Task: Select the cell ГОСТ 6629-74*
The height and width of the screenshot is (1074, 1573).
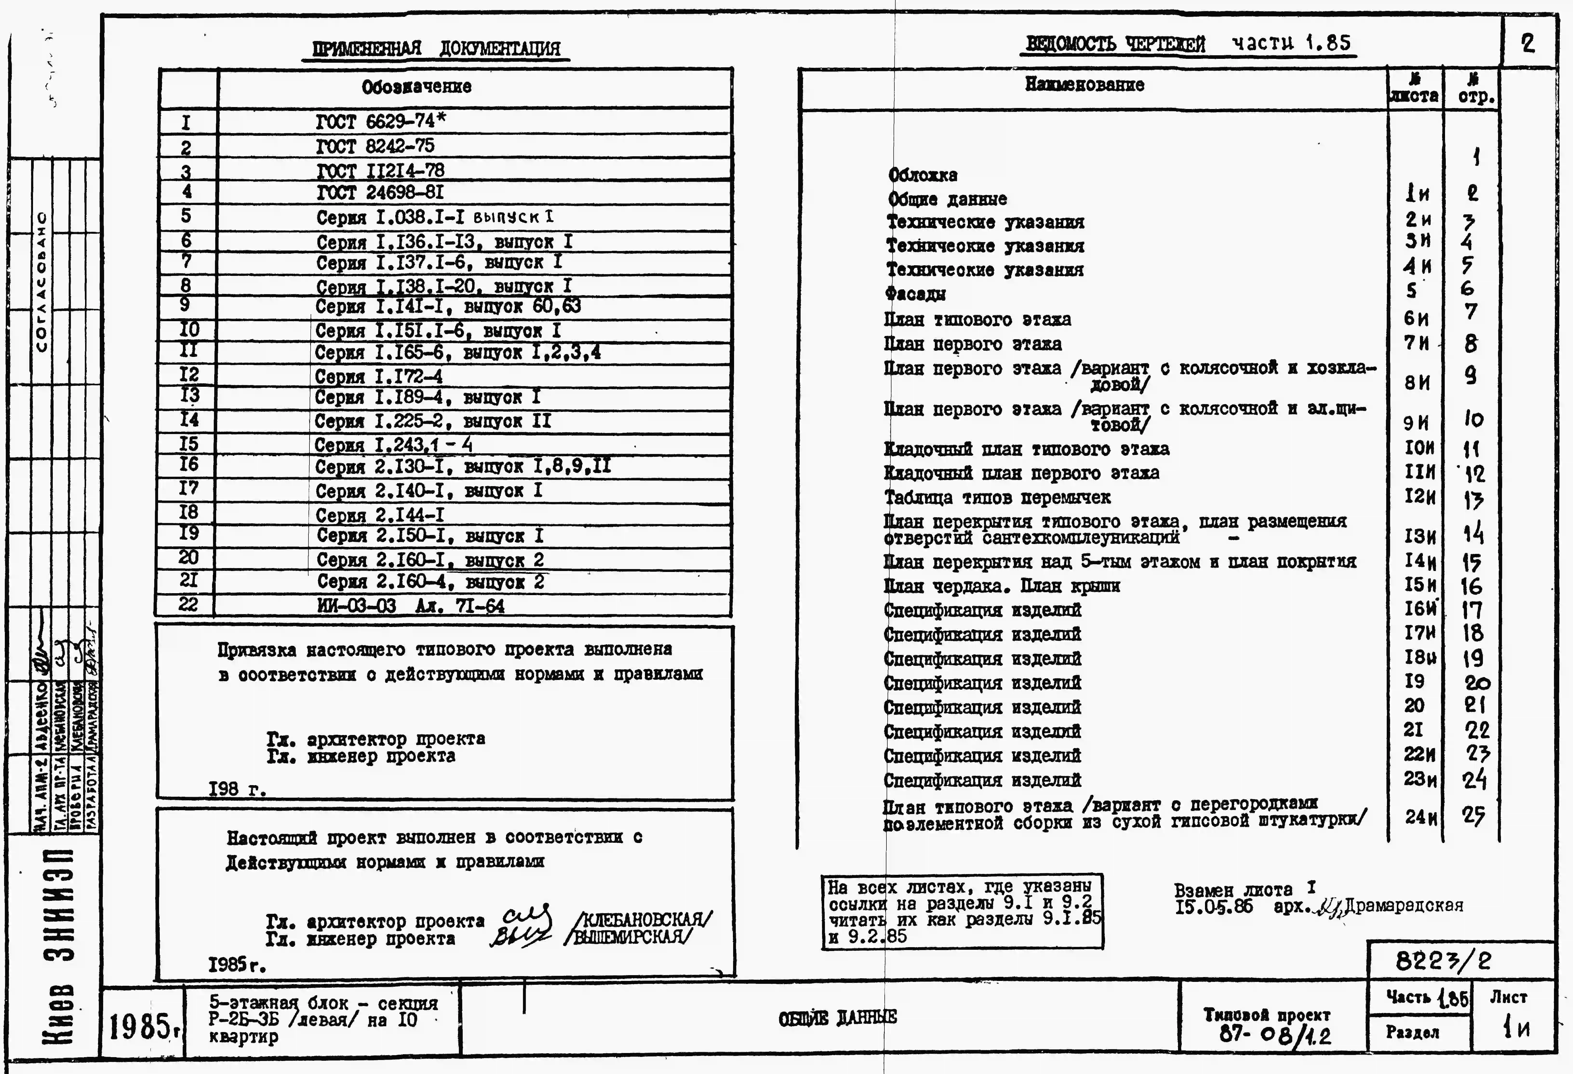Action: click(x=381, y=121)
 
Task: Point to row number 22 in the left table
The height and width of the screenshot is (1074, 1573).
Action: click(x=187, y=604)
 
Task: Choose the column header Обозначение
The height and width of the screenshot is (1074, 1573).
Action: click(x=416, y=87)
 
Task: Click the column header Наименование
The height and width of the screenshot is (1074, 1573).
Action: click(x=1084, y=85)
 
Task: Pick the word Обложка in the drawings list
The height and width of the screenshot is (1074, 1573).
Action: click(x=923, y=175)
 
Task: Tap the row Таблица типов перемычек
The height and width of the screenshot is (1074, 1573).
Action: click(x=997, y=498)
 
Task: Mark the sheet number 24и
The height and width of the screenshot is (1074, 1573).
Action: click(x=1419, y=817)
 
